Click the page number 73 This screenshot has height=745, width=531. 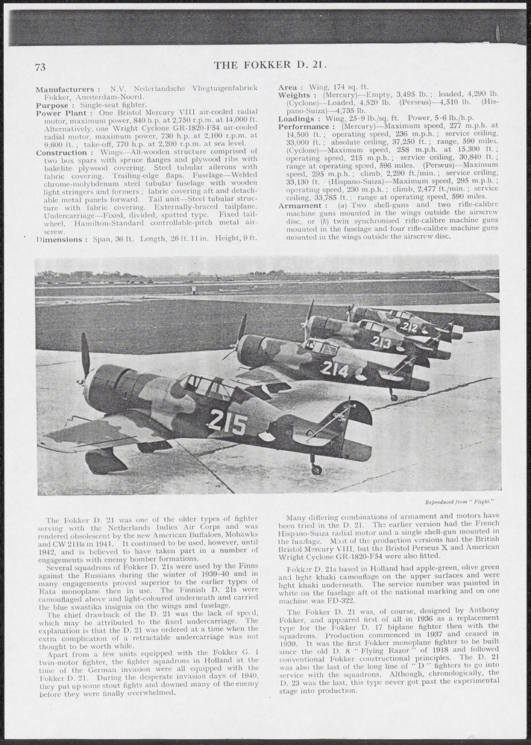[x=40, y=66]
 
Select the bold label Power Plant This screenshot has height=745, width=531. [x=60, y=113]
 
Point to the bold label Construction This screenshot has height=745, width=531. [x=62, y=153]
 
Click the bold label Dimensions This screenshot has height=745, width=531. [x=60, y=239]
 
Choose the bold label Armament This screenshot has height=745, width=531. [x=301, y=205]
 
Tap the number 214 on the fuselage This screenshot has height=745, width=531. [x=335, y=368]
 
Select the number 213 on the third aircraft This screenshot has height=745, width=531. [x=380, y=342]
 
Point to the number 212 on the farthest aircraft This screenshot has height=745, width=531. [x=409, y=326]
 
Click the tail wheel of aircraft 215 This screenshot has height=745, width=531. [x=316, y=469]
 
